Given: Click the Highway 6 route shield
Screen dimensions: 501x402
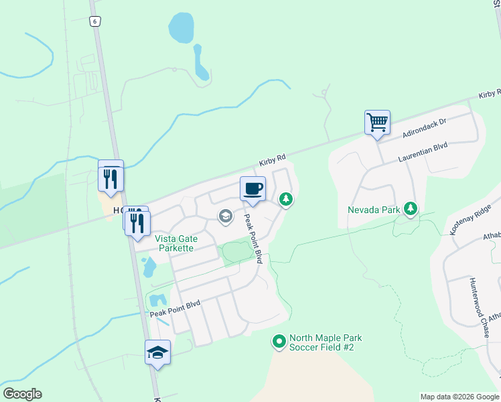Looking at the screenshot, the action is [x=96, y=21].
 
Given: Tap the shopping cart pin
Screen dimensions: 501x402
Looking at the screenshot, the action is [x=377, y=123].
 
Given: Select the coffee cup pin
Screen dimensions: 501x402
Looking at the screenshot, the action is [x=253, y=189].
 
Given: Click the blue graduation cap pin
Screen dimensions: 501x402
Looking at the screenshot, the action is [x=157, y=352].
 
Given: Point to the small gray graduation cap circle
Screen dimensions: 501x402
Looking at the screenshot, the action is [x=226, y=215].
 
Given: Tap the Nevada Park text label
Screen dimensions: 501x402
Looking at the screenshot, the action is [x=374, y=210].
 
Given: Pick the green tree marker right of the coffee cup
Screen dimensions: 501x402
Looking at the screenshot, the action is [x=286, y=199].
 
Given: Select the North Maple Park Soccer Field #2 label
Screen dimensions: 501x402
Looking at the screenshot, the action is [x=321, y=342].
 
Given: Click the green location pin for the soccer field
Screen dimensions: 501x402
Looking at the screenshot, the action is [x=279, y=342].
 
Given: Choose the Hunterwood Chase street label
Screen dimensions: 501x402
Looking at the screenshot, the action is [x=482, y=302].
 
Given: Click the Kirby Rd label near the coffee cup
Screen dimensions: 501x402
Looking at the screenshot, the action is [x=273, y=161].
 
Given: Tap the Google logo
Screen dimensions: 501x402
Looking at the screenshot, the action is [x=22, y=394].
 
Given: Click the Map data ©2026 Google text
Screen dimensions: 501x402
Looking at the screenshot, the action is [x=459, y=397].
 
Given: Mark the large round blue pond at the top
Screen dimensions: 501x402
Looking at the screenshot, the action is [x=181, y=28].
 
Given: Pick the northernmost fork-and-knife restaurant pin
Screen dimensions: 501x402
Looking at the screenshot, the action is [x=111, y=178].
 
